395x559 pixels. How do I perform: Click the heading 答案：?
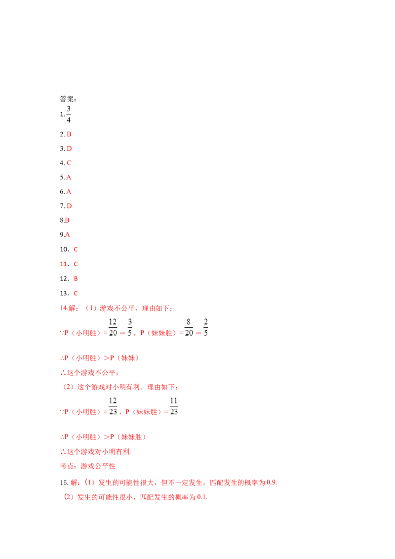(x=68, y=99)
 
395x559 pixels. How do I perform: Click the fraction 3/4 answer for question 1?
(x=69, y=114)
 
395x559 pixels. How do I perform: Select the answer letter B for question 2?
(x=69, y=134)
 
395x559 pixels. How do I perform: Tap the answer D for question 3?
(x=69, y=149)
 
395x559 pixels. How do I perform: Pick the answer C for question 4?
(x=69, y=163)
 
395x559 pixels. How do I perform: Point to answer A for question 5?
(x=69, y=177)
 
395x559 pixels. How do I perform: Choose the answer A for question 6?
(x=69, y=192)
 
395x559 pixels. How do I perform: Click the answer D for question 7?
(x=69, y=206)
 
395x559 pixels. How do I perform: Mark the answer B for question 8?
(x=67, y=220)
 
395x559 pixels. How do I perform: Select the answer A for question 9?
(x=67, y=235)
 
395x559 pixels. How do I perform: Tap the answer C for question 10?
(x=76, y=249)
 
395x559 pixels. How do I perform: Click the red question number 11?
(x=65, y=264)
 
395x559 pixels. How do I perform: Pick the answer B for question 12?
(x=76, y=279)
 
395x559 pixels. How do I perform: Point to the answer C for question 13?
(x=76, y=293)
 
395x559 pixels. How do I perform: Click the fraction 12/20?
(x=113, y=327)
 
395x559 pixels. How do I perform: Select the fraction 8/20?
(x=189, y=327)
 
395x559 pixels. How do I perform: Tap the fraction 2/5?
(x=206, y=327)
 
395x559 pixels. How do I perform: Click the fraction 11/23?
(x=174, y=406)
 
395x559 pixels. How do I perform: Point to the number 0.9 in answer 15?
(x=272, y=482)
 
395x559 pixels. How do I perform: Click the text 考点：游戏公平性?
(x=88, y=466)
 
